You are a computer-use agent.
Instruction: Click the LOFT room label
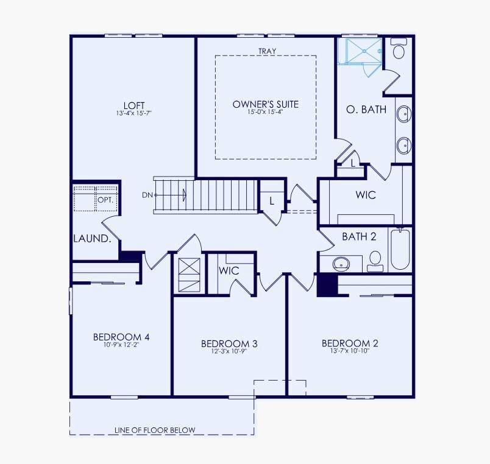(134, 105)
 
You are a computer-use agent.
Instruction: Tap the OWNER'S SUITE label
(266, 104)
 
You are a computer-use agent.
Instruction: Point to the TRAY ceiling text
(267, 51)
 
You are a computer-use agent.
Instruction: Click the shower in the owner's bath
(364, 51)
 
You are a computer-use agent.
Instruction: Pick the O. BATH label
(366, 109)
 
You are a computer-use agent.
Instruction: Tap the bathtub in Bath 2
(400, 249)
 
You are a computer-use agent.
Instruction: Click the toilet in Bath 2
(375, 261)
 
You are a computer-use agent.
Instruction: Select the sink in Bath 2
(341, 264)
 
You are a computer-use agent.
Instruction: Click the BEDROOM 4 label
(121, 337)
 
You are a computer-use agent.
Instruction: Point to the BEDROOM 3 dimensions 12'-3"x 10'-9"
(229, 351)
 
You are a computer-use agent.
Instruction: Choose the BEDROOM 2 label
(350, 343)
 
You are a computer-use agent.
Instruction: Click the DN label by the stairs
(147, 195)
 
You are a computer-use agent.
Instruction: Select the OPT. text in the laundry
(105, 200)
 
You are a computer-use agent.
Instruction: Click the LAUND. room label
(92, 239)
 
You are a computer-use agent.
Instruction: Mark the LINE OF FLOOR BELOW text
(155, 430)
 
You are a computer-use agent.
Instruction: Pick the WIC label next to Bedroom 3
(229, 270)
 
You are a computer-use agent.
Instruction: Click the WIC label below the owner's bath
(366, 195)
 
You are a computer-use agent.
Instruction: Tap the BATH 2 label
(359, 236)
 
